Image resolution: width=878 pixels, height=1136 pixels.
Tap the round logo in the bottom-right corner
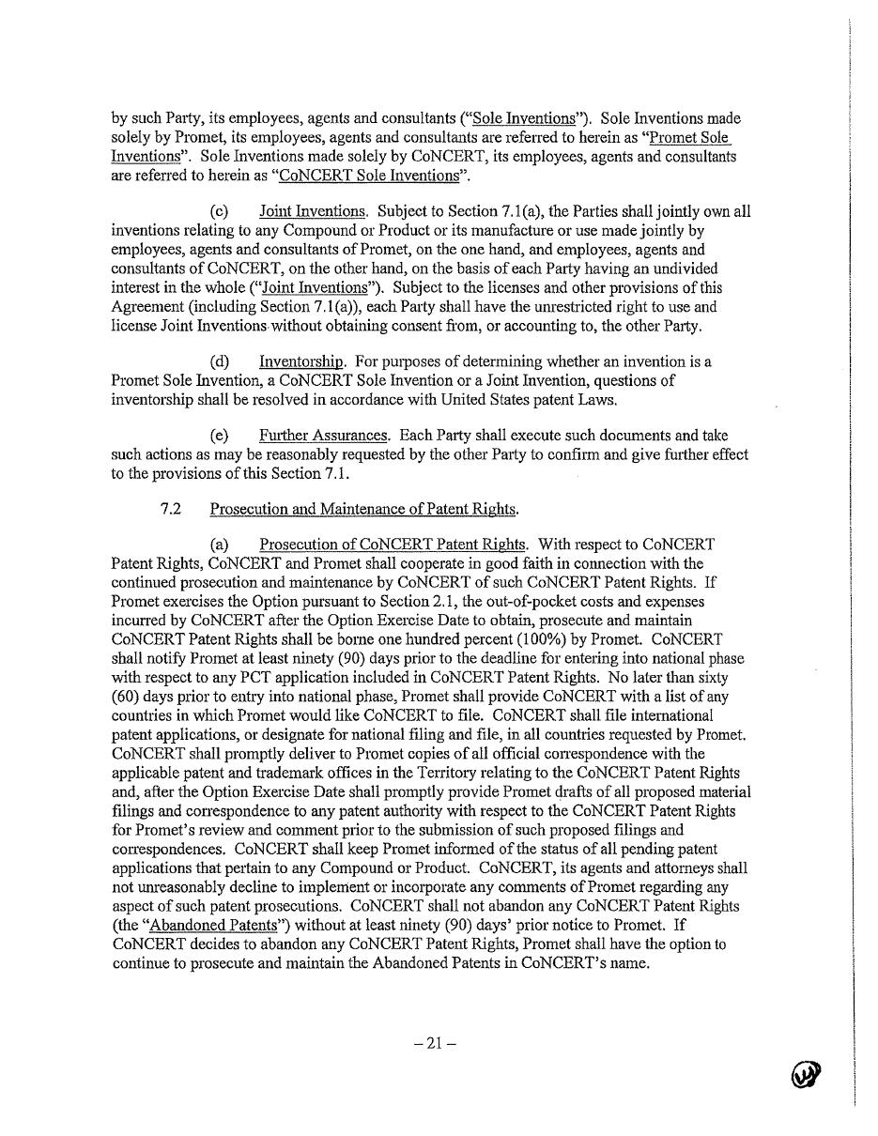pos(806,1073)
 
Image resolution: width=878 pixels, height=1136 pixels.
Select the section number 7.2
pos(170,509)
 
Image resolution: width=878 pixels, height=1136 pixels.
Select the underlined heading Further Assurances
pos(324,436)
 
